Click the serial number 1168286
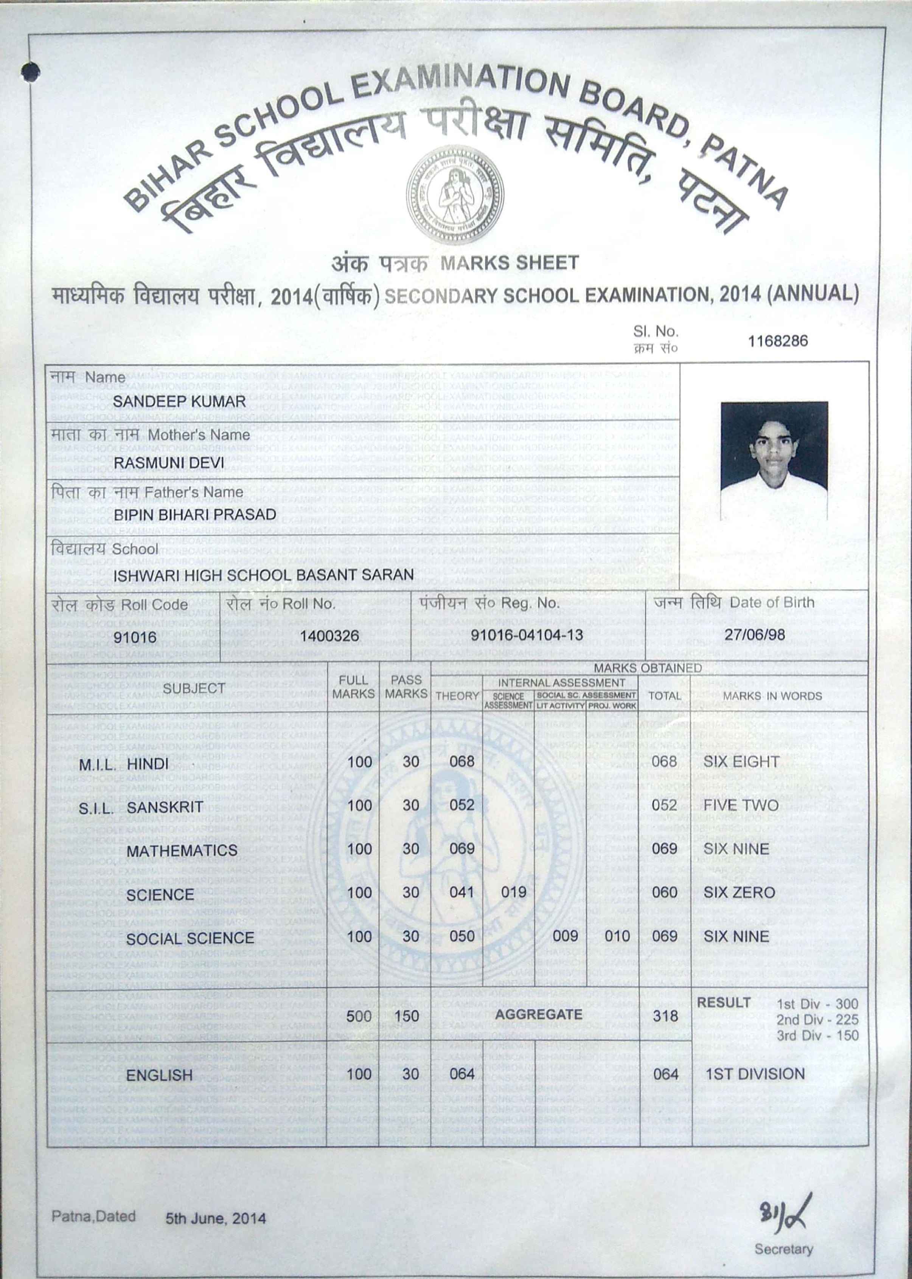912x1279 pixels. pyautogui.click(x=778, y=341)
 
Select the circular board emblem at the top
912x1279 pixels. pyautogui.click(x=455, y=196)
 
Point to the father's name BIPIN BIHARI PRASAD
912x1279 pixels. pyautogui.click(x=195, y=515)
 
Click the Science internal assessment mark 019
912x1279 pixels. pyautogui.click(x=513, y=892)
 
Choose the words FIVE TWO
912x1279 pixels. pyautogui.click(x=741, y=805)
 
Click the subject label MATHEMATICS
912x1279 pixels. pyautogui.click(x=182, y=850)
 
